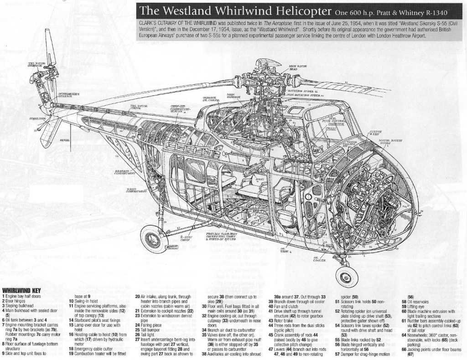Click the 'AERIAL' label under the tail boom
65,140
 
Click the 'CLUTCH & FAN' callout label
375,133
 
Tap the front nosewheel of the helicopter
343,274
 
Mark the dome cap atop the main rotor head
263,63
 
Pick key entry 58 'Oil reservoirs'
415,301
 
